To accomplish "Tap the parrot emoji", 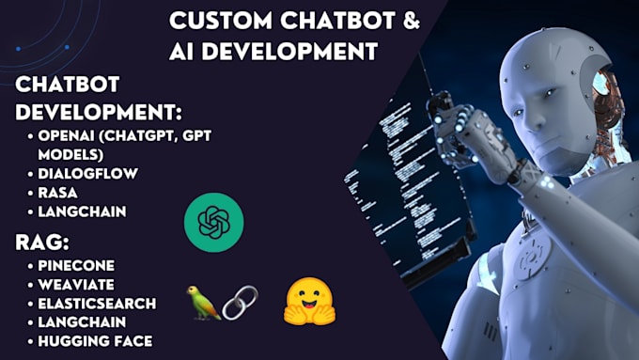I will tap(204, 302).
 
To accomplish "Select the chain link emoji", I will tap(239, 302).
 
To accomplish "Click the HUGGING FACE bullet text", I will tap(96, 340).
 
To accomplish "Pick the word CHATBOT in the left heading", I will tap(58, 86).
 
